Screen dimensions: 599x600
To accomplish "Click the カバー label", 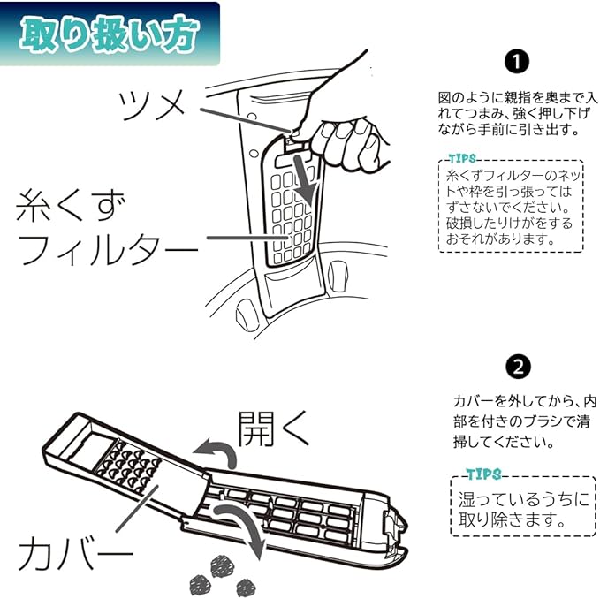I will coord(75,554).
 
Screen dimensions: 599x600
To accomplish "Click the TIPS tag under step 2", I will coord(482,474).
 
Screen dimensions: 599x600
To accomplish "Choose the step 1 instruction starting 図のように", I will coord(518,112).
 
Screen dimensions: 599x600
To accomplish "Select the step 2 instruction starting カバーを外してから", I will coord(518,420).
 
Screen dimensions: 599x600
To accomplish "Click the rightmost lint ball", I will coord(245,586).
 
